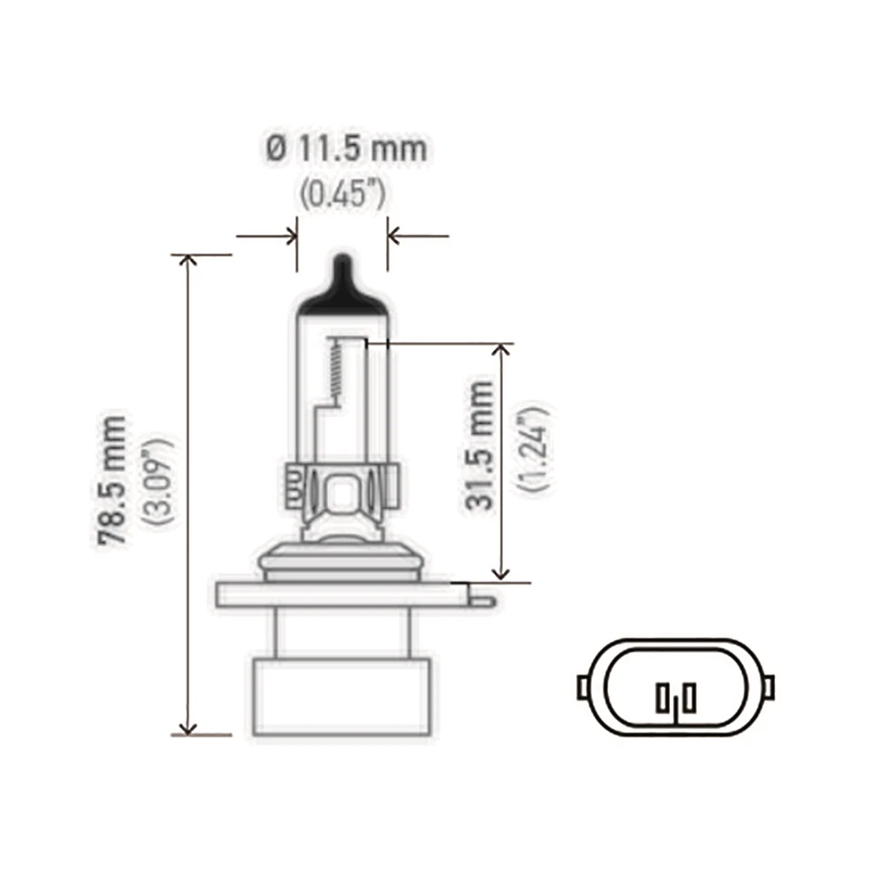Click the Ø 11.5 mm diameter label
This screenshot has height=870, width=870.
tap(347, 148)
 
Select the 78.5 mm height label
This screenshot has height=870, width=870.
tap(113, 480)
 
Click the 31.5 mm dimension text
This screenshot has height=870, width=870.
tap(482, 446)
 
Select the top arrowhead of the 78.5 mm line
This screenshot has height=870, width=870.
tap(188, 263)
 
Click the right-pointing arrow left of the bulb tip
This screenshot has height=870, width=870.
tap(288, 237)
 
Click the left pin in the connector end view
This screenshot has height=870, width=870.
tap(662, 698)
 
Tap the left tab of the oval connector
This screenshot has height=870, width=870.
tap(584, 686)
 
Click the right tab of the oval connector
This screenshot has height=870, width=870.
tap(769, 686)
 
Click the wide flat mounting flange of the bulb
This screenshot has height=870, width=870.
tap(344, 594)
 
